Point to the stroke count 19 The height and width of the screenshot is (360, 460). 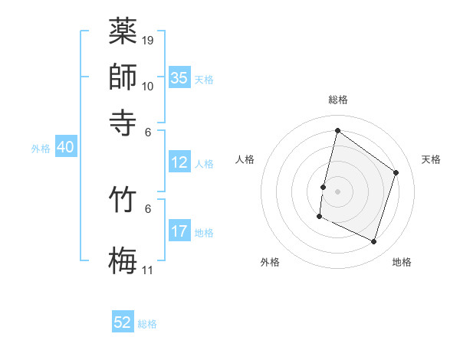point(148,40)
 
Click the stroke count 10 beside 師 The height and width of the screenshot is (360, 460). point(148,86)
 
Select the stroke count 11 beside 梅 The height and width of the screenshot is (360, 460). point(148,270)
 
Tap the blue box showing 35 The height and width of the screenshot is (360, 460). point(179,78)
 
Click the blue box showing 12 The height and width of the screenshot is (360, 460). point(179,162)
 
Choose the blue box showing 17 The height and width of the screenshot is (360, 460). point(179,231)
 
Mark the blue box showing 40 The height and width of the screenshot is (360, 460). point(64,148)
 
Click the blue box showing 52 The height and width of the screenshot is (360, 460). point(123,322)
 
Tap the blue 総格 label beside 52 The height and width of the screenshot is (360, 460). point(147,324)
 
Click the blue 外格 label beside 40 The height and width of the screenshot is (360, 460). point(41,149)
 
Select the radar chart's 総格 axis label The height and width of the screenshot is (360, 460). point(337,100)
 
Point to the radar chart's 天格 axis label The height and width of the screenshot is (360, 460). point(431,159)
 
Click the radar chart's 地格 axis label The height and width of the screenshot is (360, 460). point(402,263)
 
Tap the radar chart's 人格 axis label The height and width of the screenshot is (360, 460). point(245,159)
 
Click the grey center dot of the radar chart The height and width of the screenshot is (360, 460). point(337,191)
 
